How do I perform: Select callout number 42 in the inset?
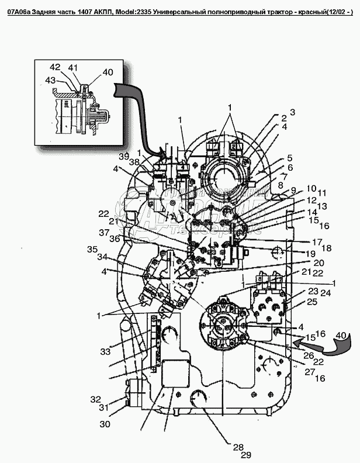[55, 67]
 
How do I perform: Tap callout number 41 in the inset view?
[72, 68]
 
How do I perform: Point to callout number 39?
[123, 157]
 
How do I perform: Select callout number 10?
[310, 188]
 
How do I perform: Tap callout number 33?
[105, 351]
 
